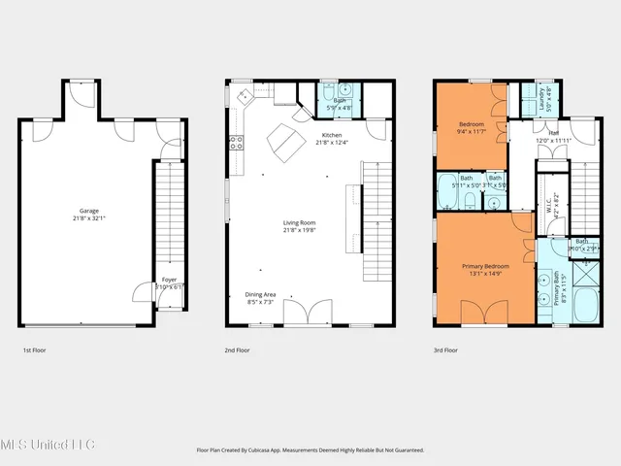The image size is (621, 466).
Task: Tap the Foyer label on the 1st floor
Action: pyautogui.click(x=169, y=283)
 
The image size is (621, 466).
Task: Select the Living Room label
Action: pyautogui.click(x=299, y=226)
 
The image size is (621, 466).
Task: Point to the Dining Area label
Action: pyautogui.click(x=260, y=299)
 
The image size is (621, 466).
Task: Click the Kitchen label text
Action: pyautogui.click(x=331, y=139)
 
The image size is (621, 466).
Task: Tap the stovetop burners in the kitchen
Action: pyautogui.click(x=235, y=144)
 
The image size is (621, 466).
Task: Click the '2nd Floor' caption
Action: pyautogui.click(x=238, y=349)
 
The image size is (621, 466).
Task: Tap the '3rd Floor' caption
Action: pyautogui.click(x=444, y=349)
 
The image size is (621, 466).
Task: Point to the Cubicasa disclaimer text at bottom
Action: pyautogui.click(x=310, y=450)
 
